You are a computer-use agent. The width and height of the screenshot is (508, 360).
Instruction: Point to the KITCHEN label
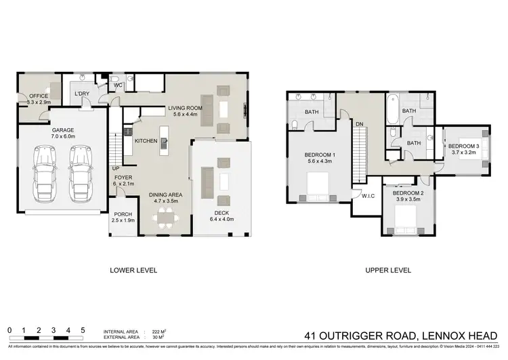coord(146,141)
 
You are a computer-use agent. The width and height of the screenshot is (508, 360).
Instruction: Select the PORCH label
coord(123,216)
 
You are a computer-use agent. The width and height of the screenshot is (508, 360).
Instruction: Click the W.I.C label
coord(368,197)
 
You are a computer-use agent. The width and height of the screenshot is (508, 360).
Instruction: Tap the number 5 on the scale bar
coord(83,330)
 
